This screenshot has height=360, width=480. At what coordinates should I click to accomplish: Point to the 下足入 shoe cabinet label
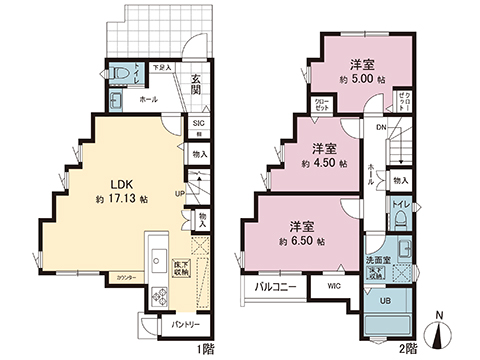160,68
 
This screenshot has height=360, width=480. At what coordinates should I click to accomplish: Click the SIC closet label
198,124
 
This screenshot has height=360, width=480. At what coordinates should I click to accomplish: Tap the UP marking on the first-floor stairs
180,193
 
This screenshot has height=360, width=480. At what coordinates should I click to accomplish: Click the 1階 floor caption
206,347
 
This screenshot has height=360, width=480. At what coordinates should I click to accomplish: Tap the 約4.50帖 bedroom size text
328,162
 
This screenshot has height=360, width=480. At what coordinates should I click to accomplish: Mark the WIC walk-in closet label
333,285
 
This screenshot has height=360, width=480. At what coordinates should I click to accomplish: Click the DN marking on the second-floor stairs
381,127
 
